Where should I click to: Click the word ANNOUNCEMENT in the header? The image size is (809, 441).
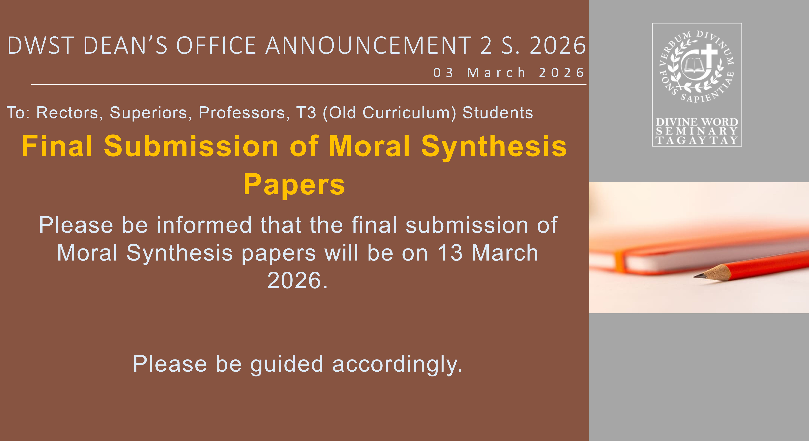368,46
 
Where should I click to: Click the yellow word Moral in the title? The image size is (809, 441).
369,146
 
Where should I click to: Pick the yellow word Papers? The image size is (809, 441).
294,185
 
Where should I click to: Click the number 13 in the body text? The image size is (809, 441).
450,253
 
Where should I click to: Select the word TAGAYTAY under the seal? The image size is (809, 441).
696,140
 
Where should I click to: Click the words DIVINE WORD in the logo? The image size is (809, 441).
696,122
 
